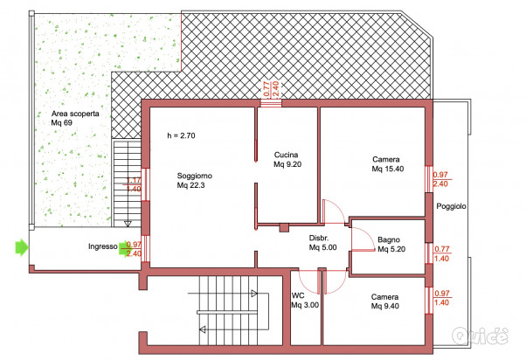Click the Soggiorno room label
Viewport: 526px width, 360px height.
click(x=195, y=180)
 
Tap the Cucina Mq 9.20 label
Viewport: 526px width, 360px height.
click(x=287, y=159)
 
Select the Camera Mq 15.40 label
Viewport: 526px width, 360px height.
click(x=387, y=163)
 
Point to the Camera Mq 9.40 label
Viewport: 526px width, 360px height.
click(x=384, y=301)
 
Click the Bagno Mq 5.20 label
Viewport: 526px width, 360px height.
click(x=391, y=245)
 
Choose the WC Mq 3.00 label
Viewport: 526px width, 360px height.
click(x=305, y=301)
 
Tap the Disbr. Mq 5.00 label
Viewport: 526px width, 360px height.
click(x=322, y=243)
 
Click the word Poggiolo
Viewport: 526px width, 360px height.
click(x=451, y=206)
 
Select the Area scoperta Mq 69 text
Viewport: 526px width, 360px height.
click(x=75, y=118)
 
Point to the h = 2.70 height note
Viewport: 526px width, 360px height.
click(x=181, y=135)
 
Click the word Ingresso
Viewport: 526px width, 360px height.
click(x=103, y=246)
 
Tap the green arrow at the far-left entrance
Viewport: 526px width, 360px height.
click(x=22, y=247)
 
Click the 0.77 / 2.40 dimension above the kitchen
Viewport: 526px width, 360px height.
click(x=272, y=89)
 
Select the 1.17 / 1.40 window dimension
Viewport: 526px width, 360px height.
click(x=134, y=184)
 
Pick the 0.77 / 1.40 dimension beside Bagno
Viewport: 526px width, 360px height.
click(x=442, y=253)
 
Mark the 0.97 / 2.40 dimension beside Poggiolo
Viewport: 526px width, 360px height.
click(x=440, y=179)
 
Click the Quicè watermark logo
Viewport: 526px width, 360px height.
click(x=480, y=335)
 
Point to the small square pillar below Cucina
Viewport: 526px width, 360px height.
click(x=284, y=228)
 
